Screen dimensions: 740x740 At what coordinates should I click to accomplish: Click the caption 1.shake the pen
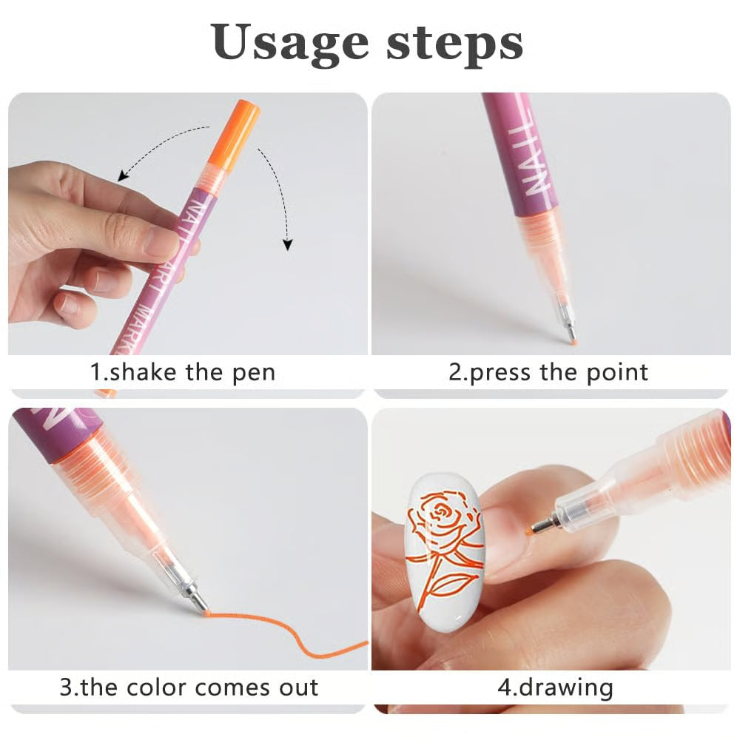(x=183, y=371)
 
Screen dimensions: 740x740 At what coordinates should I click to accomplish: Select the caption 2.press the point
(x=548, y=371)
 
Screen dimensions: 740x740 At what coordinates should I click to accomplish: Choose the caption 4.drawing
(x=555, y=687)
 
